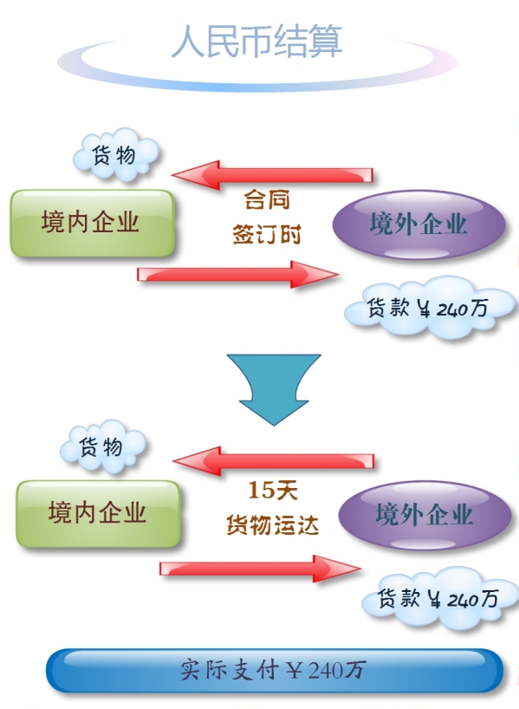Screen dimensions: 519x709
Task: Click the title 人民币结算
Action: (256, 41)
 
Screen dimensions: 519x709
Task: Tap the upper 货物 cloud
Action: (116, 154)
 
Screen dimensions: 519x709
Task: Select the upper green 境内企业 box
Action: (92, 224)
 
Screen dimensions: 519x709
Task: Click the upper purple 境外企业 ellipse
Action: (418, 224)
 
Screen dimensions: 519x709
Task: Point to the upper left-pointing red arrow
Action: (272, 175)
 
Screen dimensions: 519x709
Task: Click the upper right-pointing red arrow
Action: (238, 274)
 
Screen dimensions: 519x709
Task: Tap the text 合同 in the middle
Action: (267, 199)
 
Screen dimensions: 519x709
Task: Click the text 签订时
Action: (267, 235)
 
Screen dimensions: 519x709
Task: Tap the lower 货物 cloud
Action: (103, 446)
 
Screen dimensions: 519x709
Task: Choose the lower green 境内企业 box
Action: (98, 514)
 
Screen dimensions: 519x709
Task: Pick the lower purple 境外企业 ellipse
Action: (425, 515)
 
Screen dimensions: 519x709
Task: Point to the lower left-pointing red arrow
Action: (273, 461)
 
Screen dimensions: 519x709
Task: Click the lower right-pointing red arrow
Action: (261, 569)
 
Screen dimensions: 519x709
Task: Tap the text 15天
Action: (273, 491)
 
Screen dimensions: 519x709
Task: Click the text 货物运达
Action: (273, 525)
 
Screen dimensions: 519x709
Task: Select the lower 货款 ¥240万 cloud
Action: (439, 599)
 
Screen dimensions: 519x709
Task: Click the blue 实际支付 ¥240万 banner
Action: (275, 671)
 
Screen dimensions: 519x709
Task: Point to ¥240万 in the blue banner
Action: (326, 670)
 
